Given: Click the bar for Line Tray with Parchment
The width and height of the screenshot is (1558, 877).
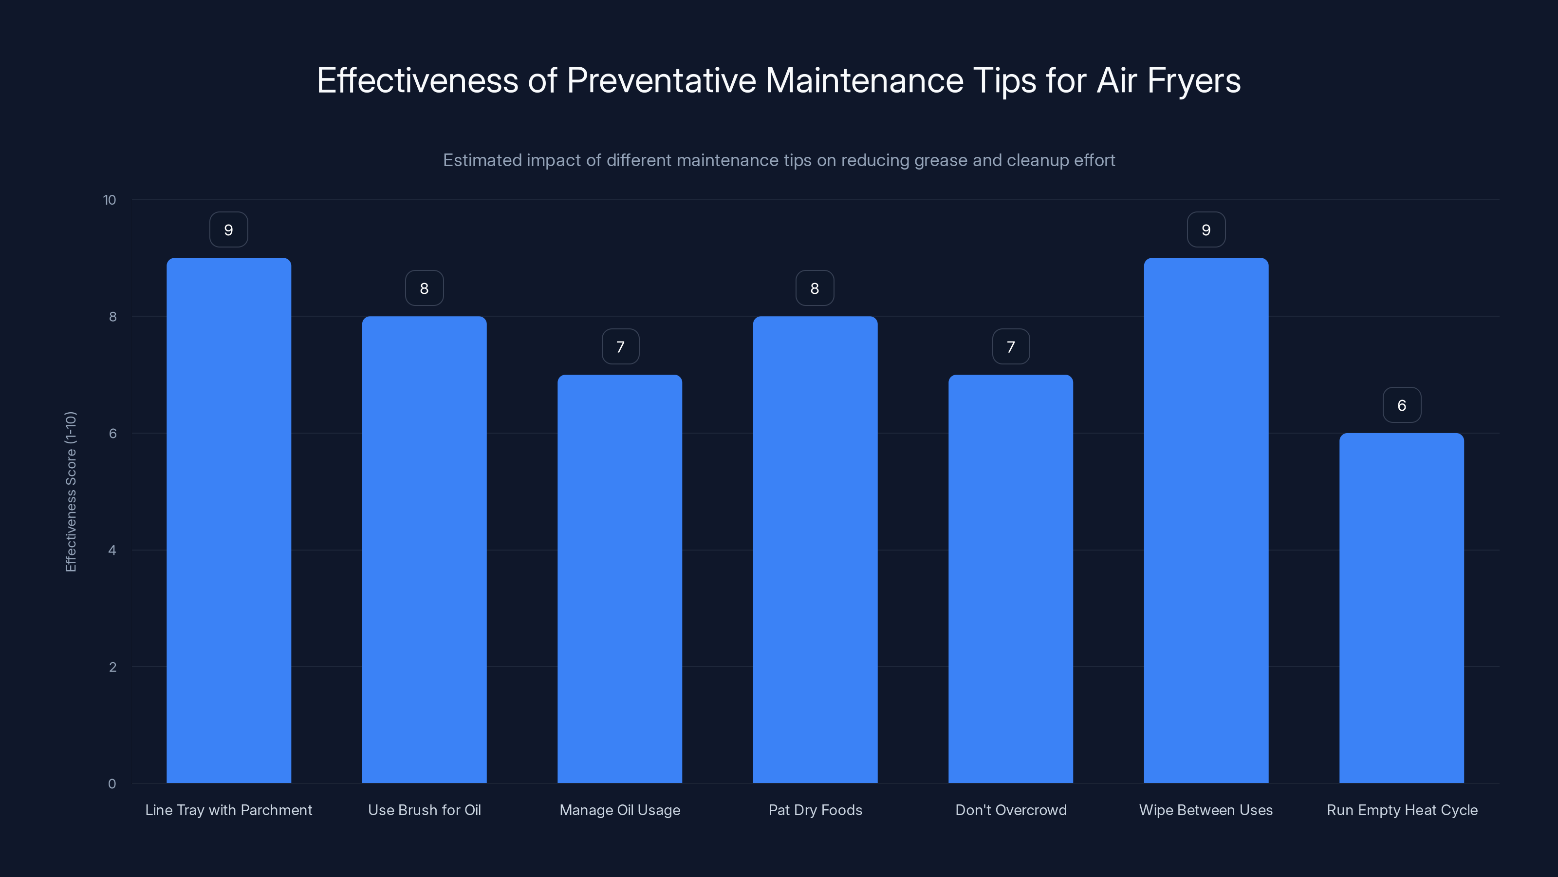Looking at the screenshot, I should (229, 520).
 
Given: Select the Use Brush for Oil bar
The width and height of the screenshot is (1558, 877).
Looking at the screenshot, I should (424, 550).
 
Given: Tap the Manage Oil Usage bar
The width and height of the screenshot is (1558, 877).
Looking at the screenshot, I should (619, 579).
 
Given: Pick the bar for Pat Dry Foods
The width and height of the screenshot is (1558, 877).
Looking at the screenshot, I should (815, 550).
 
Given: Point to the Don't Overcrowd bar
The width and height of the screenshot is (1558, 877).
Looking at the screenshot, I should (1010, 579).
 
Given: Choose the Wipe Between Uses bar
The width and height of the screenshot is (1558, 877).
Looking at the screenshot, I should (1206, 520).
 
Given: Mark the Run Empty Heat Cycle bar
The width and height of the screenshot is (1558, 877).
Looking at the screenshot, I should (1401, 608).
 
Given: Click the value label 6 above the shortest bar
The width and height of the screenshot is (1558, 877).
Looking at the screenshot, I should (1401, 405).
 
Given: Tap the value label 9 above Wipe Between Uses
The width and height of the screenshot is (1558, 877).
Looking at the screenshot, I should (1206, 230).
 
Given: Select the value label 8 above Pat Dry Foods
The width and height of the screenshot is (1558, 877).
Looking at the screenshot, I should (815, 289).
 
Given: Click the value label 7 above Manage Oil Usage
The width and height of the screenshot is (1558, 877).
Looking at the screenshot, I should (620, 347).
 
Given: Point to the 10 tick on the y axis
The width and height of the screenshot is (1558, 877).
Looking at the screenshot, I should (110, 200).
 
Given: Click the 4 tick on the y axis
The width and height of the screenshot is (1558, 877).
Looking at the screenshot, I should (112, 550).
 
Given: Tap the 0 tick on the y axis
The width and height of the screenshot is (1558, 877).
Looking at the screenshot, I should (112, 784).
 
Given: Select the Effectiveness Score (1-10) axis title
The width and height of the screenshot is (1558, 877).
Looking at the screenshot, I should (71, 492).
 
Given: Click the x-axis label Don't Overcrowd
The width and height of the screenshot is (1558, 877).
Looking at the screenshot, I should (1011, 810).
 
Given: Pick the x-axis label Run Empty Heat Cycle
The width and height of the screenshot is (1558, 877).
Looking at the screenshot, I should (1401, 810).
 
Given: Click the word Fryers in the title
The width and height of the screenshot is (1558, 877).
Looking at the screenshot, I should (1193, 81).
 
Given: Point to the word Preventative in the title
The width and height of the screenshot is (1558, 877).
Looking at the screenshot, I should (661, 81).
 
